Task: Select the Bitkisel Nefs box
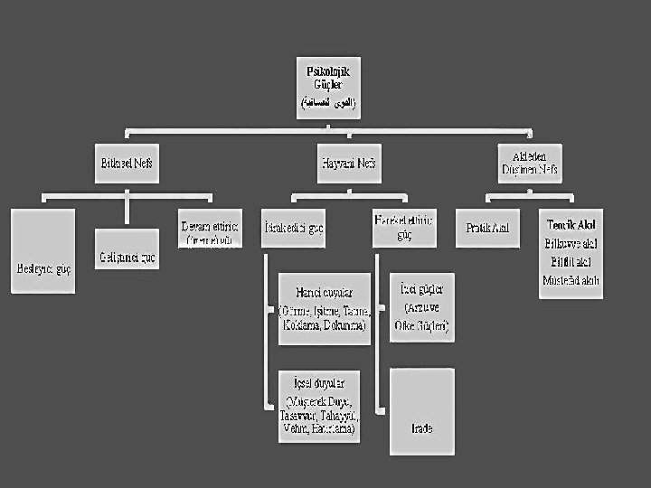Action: (x=127, y=164)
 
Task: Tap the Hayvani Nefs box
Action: (x=348, y=164)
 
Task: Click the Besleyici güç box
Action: (x=42, y=251)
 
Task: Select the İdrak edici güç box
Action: (x=291, y=228)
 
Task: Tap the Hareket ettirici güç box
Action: (x=402, y=227)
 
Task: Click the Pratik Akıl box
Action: (x=487, y=228)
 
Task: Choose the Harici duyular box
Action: (x=325, y=308)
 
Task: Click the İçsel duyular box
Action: (x=321, y=406)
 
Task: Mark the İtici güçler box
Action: (x=421, y=307)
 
